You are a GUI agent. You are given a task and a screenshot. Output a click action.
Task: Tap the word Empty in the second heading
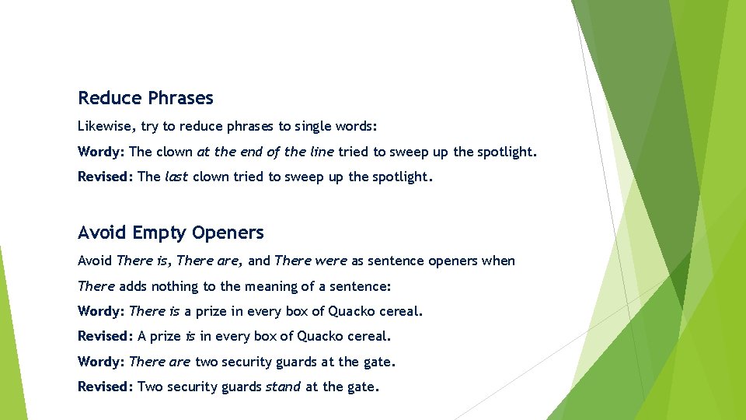point(159,233)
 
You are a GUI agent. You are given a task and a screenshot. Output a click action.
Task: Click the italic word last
point(176,177)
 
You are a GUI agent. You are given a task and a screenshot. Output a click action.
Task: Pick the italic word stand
point(283,387)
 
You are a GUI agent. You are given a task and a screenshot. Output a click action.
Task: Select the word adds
point(132,286)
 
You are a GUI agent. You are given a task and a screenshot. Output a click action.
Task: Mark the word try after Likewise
point(150,126)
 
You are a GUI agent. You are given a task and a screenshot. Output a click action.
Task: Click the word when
point(498,261)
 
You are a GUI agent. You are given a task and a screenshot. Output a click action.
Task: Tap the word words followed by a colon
point(357,126)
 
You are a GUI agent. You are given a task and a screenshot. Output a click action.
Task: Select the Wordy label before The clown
point(101,152)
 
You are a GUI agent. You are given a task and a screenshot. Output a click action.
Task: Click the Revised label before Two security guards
point(106,387)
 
